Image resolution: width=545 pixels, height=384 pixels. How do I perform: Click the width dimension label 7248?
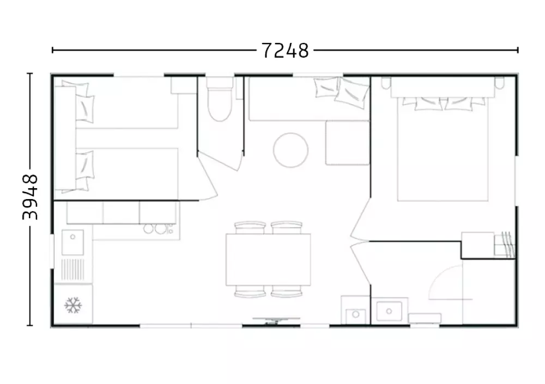(284, 51)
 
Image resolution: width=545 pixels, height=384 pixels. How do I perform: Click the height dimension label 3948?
(30, 197)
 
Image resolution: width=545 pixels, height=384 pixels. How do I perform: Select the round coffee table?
(290, 150)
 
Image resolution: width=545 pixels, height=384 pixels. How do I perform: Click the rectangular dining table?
(268, 259)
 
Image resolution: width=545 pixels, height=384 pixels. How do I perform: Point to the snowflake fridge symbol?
(73, 305)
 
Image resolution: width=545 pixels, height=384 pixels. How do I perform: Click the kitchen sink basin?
(72, 242)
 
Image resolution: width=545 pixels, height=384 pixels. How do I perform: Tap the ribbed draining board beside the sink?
(72, 270)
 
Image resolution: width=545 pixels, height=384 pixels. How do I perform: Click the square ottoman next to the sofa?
(347, 143)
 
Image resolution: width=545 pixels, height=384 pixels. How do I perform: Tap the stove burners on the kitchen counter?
(159, 228)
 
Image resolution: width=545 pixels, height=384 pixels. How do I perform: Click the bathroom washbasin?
(389, 311)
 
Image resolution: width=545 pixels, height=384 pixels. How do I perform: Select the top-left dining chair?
(250, 227)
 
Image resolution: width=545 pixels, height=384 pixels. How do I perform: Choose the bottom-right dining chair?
(287, 291)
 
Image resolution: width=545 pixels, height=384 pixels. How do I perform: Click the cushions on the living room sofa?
(341, 90)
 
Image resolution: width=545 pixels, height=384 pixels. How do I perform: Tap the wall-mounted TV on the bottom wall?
(276, 320)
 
